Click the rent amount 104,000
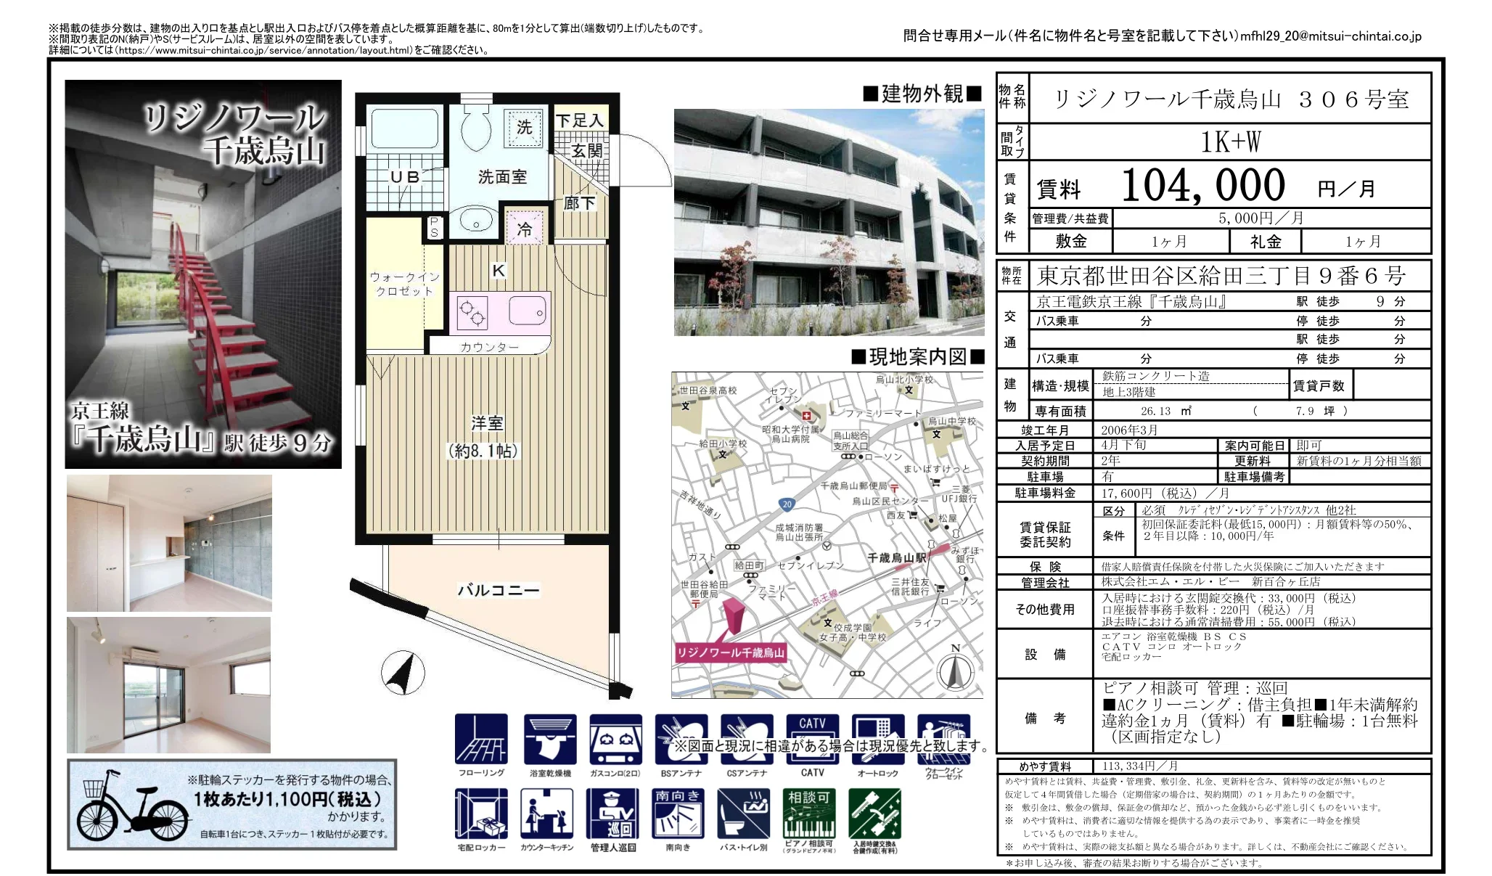(x=1202, y=186)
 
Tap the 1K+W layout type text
(x=1230, y=142)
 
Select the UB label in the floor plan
(x=404, y=176)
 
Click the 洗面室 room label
(x=502, y=176)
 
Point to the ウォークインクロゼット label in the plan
(x=404, y=284)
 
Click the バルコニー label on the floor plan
(x=499, y=590)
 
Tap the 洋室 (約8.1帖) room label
(x=485, y=436)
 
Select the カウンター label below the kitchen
(x=489, y=347)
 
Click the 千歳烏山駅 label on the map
(x=897, y=557)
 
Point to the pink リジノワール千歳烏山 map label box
(x=730, y=652)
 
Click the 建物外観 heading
(x=922, y=94)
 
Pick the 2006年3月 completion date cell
(x=1129, y=430)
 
